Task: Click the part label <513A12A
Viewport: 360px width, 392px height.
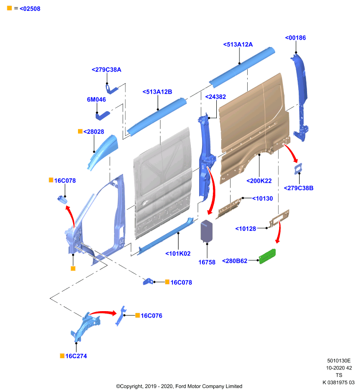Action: click(x=238, y=45)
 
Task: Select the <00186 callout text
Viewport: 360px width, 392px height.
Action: click(x=295, y=38)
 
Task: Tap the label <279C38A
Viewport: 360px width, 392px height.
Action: click(x=106, y=70)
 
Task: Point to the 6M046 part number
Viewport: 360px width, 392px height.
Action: click(x=96, y=99)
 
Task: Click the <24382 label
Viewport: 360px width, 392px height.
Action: click(x=215, y=97)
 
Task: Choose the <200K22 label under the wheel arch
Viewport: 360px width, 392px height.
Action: click(x=259, y=181)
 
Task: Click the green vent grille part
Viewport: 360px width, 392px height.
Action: click(x=267, y=256)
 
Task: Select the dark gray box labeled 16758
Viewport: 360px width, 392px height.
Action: click(x=206, y=231)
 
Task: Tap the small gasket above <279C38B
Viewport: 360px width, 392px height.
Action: click(x=298, y=169)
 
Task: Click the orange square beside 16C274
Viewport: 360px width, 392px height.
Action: click(x=62, y=356)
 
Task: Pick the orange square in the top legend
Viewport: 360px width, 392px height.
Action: click(x=9, y=8)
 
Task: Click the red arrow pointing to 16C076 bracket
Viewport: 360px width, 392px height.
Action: click(x=103, y=313)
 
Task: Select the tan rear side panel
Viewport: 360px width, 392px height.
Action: click(x=254, y=129)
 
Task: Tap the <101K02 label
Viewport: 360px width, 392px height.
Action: click(x=178, y=253)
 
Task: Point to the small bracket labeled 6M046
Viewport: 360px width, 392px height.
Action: click(x=103, y=116)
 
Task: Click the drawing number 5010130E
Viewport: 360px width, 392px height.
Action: click(x=339, y=361)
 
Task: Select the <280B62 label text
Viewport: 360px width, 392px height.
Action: click(x=234, y=261)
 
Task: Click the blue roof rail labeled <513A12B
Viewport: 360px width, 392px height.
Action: click(x=157, y=117)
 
